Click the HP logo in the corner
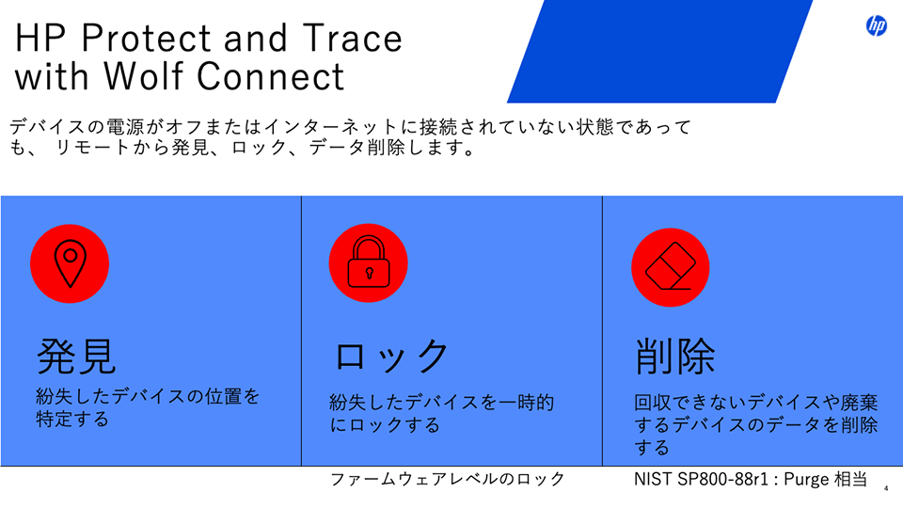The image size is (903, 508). pyautogui.click(x=876, y=26)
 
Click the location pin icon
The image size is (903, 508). pyautogui.click(x=70, y=263)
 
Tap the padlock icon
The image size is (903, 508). pyautogui.click(x=368, y=263)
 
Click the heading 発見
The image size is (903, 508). pyautogui.click(x=76, y=356)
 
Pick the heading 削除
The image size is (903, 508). pyautogui.click(x=675, y=357)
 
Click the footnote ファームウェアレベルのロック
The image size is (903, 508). pyautogui.click(x=447, y=480)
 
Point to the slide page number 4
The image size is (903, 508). pyautogui.click(x=887, y=489)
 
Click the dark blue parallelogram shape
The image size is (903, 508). pyautogui.click(x=658, y=52)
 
